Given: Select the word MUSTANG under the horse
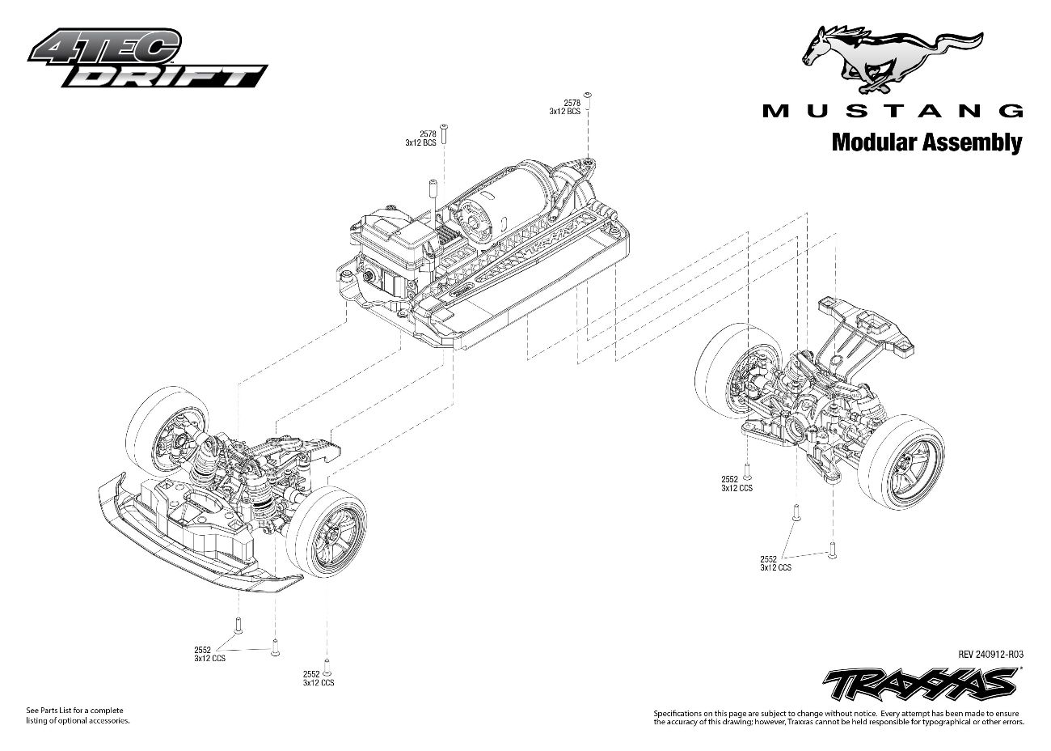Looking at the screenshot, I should tap(893, 111).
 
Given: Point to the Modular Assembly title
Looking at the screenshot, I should tap(926, 143).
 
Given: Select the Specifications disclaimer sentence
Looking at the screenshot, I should tap(838, 716).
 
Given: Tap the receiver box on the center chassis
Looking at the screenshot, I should tap(396, 235).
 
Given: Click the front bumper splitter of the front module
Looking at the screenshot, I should tap(194, 550).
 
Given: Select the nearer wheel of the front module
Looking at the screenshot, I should tap(327, 531).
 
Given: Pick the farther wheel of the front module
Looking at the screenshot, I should tap(166, 429).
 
